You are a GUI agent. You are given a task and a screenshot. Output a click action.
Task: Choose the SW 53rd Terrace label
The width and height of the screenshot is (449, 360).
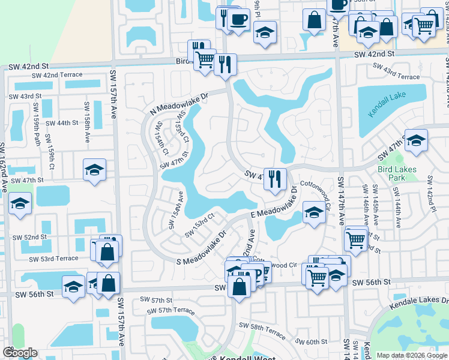(x=53, y=258)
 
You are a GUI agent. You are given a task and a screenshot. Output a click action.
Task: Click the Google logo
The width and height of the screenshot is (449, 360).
(x=19, y=353)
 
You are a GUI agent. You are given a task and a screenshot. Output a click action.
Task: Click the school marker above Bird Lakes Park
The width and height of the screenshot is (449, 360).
(x=415, y=140)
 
